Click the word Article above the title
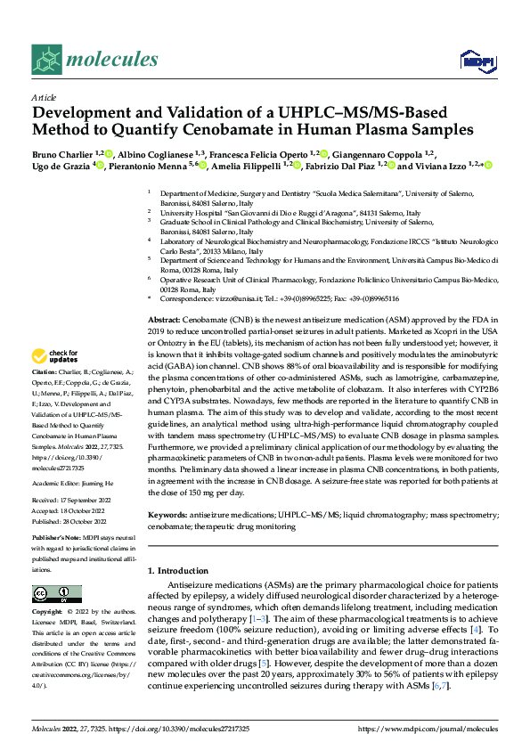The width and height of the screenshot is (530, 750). click(44, 99)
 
